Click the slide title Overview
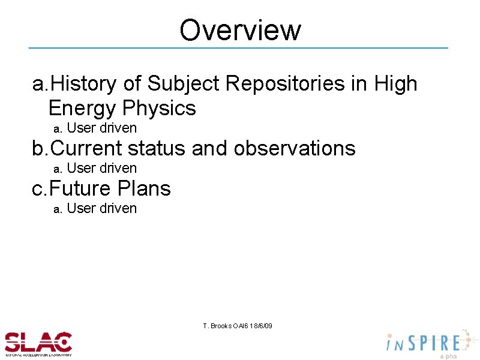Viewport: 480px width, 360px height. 240,30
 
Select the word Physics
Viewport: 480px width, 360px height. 158,109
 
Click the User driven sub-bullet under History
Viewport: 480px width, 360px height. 101,128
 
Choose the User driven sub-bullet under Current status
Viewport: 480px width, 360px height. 101,169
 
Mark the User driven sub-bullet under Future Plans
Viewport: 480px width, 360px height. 101,209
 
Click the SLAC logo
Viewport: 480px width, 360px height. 38,344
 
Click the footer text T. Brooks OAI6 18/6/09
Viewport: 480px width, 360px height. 238,326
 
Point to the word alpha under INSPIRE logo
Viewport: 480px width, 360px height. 448,356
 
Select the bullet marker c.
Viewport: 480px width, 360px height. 38,189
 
